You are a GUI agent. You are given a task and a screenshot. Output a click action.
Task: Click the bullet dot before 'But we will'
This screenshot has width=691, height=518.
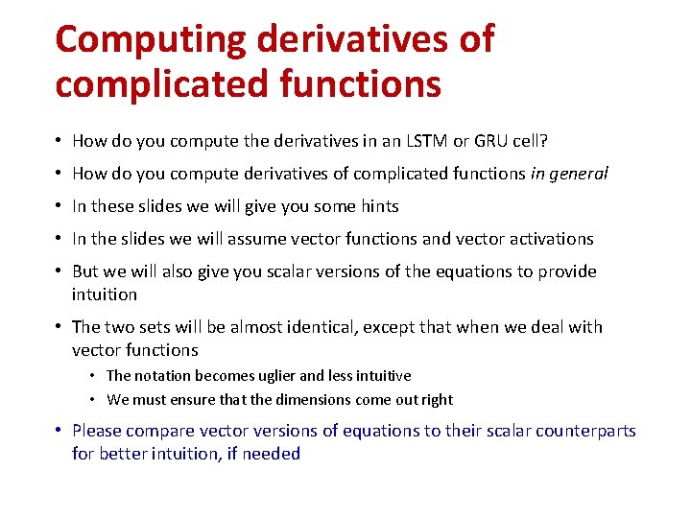coord(60,271)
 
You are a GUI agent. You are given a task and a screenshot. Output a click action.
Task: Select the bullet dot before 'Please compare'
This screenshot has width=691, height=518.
coord(60,431)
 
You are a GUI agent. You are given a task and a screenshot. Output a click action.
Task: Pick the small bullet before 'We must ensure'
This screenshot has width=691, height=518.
coord(95,399)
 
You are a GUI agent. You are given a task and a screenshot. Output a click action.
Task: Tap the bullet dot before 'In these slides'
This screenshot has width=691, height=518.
coord(60,206)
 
